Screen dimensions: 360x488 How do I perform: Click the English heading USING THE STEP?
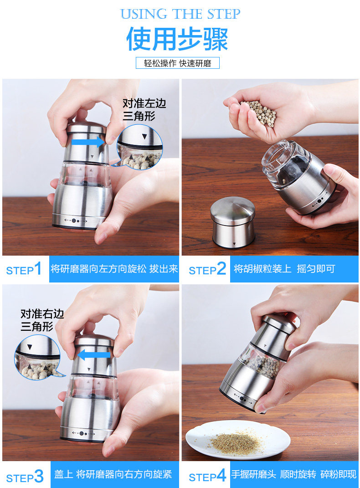pos(180,14)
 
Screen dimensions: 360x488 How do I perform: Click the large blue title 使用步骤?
pos(177,39)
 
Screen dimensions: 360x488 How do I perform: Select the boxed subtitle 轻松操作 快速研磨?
pos(178,63)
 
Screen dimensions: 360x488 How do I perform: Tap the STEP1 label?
pos(24,269)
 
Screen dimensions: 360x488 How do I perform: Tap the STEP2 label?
pos(207,269)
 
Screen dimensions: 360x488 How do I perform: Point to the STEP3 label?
pos(25,477)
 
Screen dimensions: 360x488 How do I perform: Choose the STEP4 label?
pos(207,476)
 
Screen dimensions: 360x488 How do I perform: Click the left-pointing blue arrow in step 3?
pos(94,355)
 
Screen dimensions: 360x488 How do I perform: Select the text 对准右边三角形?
pos(42,320)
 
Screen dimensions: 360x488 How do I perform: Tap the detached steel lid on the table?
pos(233,222)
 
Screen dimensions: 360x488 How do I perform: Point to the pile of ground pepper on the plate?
pos(236,442)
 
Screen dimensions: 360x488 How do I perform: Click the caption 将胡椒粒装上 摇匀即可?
pos(284,268)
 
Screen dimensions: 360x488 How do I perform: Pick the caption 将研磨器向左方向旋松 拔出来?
pos(114,268)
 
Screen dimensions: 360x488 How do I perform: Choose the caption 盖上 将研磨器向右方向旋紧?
pos(113,474)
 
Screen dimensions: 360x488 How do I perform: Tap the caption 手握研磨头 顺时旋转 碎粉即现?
pos(294,474)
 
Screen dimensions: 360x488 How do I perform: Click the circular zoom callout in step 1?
pos(139,147)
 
